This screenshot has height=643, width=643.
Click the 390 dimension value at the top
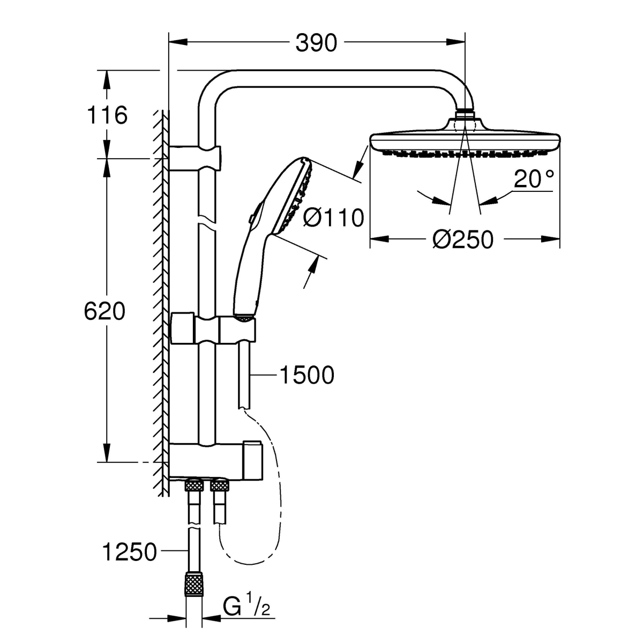click(x=316, y=43)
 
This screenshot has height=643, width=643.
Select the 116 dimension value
click(x=107, y=115)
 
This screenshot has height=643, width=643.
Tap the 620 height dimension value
click(x=104, y=311)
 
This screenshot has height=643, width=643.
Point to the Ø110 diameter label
click(x=333, y=218)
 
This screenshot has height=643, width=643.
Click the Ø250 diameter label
click(x=463, y=239)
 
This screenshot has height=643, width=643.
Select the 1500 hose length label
click(x=306, y=375)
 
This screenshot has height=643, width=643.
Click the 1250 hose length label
click(x=129, y=552)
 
